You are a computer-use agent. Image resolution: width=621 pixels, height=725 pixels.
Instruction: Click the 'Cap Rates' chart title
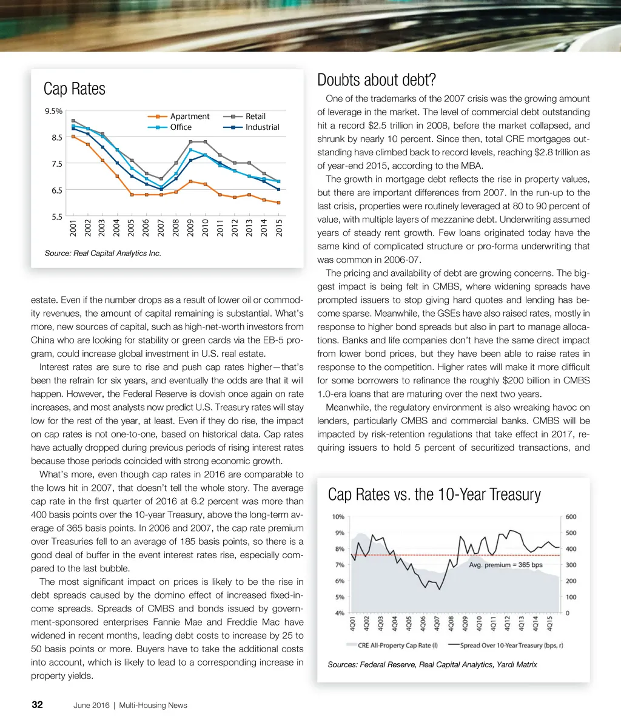pyautogui.click(x=75, y=89)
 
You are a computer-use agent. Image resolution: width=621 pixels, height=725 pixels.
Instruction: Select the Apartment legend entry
pyautogui.click(x=189, y=116)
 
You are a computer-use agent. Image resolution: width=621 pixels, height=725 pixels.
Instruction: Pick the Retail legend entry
pyautogui.click(x=255, y=116)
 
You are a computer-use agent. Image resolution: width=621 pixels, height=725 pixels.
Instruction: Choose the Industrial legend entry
pyautogui.click(x=262, y=127)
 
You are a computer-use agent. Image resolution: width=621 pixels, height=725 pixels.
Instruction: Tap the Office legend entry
pyautogui.click(x=181, y=127)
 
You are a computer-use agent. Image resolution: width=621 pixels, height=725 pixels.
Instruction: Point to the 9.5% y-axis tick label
pyautogui.click(x=53, y=111)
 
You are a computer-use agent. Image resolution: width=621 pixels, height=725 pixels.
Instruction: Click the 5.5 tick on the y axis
pyautogui.click(x=56, y=217)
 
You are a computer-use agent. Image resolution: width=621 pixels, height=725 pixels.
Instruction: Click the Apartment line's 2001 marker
pyautogui.click(x=73, y=137)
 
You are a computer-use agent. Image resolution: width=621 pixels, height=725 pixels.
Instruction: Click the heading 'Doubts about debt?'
pyautogui.click(x=377, y=81)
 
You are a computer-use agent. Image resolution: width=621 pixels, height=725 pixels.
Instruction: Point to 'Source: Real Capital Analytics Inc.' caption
pyautogui.click(x=103, y=253)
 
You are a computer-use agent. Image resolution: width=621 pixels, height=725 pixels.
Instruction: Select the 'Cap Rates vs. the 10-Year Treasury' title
pyautogui.click(x=434, y=494)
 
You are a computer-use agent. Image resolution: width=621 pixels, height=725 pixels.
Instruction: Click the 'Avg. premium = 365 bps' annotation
pyautogui.click(x=506, y=565)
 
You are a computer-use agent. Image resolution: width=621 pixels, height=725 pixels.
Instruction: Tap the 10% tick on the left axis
pyautogui.click(x=338, y=517)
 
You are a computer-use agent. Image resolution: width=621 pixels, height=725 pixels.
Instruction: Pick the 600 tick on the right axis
pyautogui.click(x=571, y=517)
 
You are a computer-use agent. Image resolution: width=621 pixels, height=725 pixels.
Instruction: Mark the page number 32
pyautogui.click(x=37, y=705)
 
